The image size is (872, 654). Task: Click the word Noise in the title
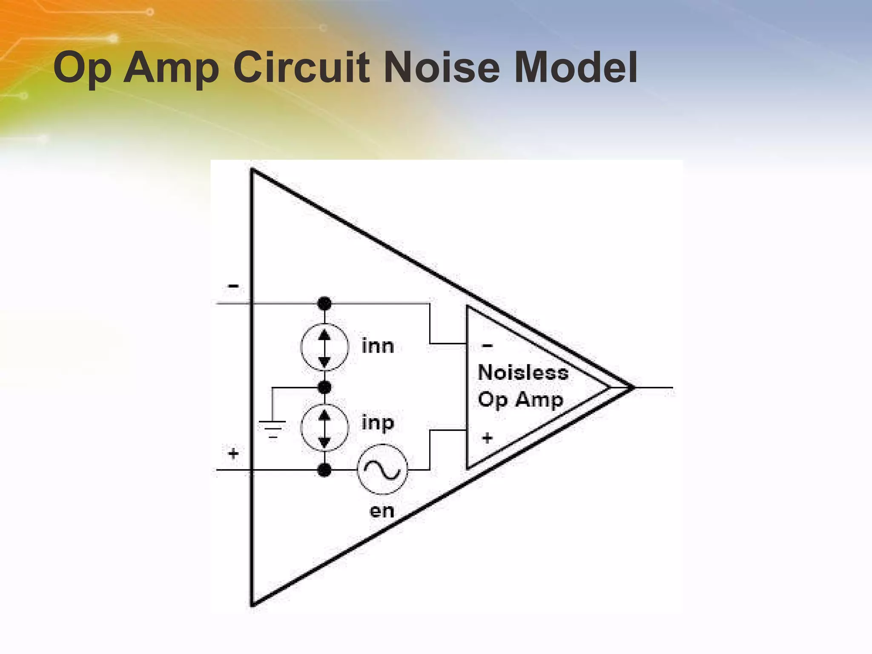pos(442,68)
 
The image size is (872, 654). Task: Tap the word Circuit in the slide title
pos(301,68)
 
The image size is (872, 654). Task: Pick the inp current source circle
pos(324,427)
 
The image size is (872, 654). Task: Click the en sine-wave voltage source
pos(382,470)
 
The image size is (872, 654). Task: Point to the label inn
pos(378,346)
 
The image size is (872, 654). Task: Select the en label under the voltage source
pos(382,511)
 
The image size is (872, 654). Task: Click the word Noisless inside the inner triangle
pos(523,373)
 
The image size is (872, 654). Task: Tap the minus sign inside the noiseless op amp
pos(488,345)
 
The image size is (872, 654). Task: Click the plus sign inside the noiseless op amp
pos(488,437)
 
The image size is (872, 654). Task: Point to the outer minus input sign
pos(233,286)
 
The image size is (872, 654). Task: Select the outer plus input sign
pos(233,453)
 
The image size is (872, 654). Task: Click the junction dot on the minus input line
pos(324,304)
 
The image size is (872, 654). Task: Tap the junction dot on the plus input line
pos(324,470)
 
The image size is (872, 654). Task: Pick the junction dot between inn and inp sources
pos(324,387)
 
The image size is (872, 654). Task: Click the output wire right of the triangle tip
pos(654,387)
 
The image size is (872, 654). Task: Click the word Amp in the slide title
pos(171,68)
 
